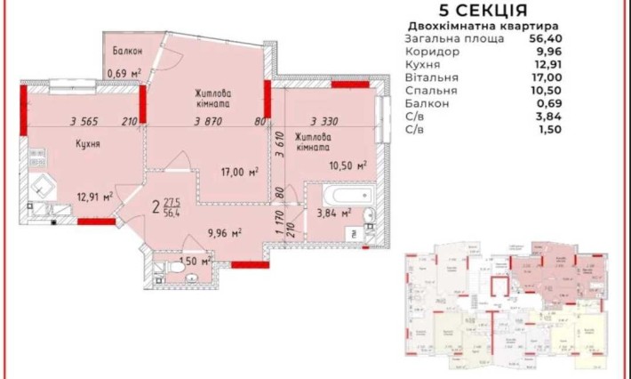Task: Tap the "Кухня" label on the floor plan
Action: pos(86,144)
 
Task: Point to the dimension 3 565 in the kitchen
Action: pos(85,123)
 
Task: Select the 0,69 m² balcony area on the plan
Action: pos(124,73)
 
